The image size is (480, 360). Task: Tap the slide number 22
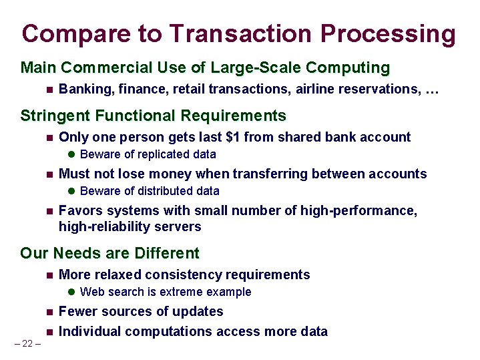(27, 344)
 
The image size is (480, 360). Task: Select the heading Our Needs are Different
(109, 253)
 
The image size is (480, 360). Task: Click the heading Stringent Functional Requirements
(153, 116)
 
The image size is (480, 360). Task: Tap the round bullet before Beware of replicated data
(72, 155)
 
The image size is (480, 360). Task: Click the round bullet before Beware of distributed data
(72, 192)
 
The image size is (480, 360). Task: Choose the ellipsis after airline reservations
(431, 89)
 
